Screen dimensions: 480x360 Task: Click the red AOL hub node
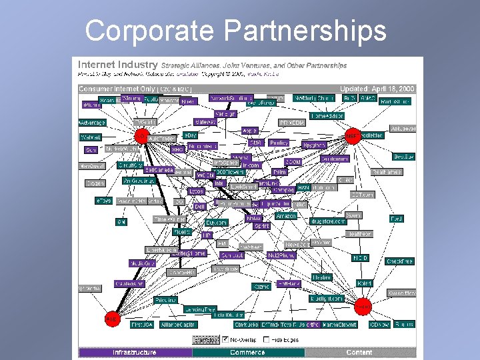click(141, 137)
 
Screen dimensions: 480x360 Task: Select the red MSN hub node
click(353, 135)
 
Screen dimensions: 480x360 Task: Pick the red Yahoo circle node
click(362, 307)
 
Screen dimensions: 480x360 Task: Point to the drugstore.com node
click(328, 221)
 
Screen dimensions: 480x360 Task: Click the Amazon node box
click(286, 216)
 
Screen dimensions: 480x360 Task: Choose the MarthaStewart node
click(339, 325)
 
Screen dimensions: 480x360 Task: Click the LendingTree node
click(200, 309)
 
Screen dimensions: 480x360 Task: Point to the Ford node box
click(396, 219)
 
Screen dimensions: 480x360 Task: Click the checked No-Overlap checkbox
click(225, 339)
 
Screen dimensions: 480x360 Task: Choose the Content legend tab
click(359, 352)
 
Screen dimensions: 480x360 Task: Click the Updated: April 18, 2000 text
click(377, 88)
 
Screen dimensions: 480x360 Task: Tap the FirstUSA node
click(143, 325)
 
